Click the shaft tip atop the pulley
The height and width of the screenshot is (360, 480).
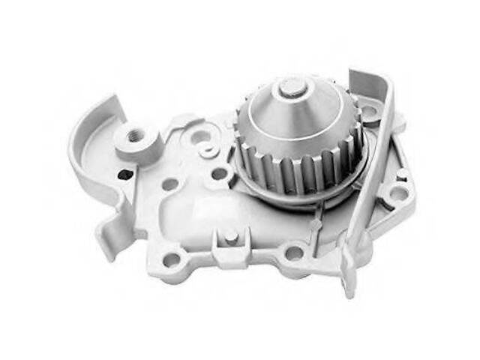click(293, 89)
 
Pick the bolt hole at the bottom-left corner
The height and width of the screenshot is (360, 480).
click(172, 259)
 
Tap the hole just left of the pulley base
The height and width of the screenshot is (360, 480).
click(219, 174)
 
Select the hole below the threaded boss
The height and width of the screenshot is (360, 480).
click(171, 182)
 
